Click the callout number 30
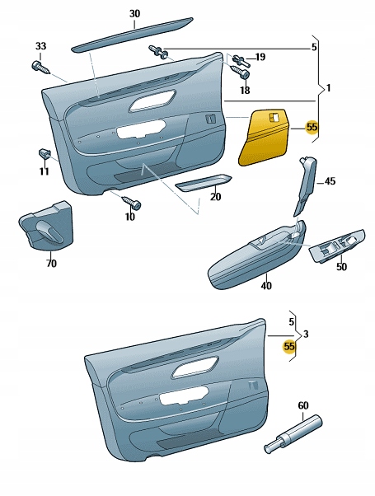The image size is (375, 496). [x=134, y=14]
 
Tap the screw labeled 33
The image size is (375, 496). [x=41, y=68]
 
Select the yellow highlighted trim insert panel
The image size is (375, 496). [x=265, y=137]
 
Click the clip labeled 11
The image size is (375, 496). [x=45, y=152]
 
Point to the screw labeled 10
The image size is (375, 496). [x=131, y=203]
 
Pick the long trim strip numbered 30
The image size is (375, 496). [x=133, y=34]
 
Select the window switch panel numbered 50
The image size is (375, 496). [x=337, y=245]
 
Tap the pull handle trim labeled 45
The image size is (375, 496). [x=305, y=185]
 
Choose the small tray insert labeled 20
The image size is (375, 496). [x=204, y=183]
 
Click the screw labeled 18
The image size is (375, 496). [x=241, y=72]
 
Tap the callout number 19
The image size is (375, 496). [x=260, y=57]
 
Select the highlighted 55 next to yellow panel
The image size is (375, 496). [x=312, y=127]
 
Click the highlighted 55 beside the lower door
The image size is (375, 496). [x=289, y=347]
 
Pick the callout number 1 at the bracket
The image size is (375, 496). [x=328, y=88]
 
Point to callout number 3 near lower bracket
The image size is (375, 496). [x=306, y=334]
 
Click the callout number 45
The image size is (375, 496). [x=330, y=181]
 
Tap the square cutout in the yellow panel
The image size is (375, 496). [x=273, y=117]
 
